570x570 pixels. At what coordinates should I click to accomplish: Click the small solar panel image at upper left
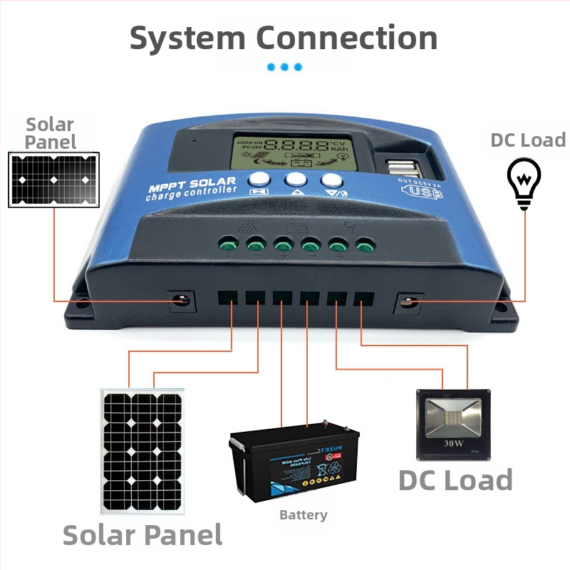(53, 180)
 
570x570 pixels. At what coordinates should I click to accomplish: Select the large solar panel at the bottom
(142, 453)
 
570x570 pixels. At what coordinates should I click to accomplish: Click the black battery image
(294, 460)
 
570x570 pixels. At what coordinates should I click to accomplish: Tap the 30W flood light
(453, 424)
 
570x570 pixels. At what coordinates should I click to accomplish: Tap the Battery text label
(304, 514)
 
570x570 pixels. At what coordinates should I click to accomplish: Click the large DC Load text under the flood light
(455, 480)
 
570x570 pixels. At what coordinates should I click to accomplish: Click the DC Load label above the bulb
(528, 140)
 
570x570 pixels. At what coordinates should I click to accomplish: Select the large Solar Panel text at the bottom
(142, 534)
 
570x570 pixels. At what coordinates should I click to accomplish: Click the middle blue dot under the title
(284, 67)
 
